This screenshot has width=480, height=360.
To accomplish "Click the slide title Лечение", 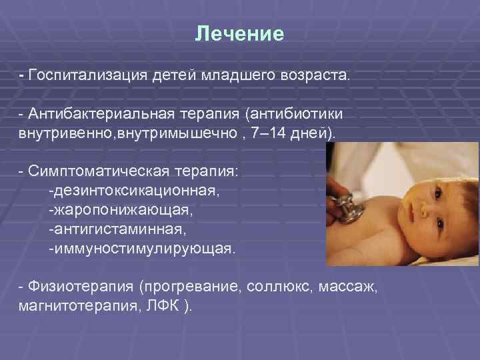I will click(239, 34).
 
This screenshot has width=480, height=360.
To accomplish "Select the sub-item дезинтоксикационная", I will click(133, 191).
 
